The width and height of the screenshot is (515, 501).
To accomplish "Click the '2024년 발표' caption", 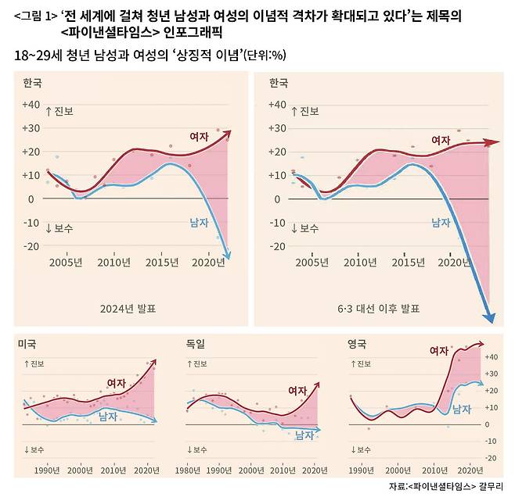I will click(x=128, y=308).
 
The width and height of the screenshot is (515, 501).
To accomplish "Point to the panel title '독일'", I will click(x=195, y=344).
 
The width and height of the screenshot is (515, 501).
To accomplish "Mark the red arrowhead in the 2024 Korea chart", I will click(x=227, y=134).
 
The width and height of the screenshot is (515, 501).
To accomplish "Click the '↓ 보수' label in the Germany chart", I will click(x=197, y=449).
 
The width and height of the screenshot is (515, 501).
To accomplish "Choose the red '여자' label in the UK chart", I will click(x=440, y=352).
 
